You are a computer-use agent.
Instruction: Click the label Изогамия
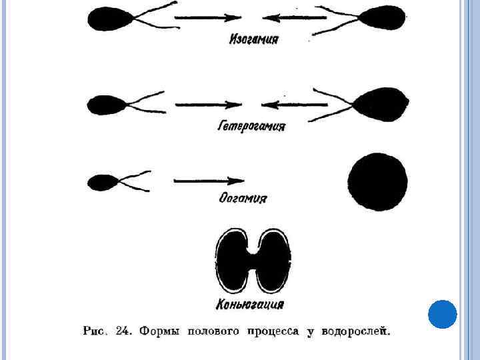pyautogui.click(x=254, y=39)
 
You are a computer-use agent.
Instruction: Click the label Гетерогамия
pyautogui.click(x=251, y=126)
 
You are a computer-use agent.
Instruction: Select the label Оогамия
pyautogui.click(x=243, y=199)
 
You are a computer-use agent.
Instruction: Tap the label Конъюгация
pyautogui.click(x=250, y=305)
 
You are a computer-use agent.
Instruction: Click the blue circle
pyautogui.click(x=442, y=314)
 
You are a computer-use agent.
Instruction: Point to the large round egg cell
pyautogui.click(x=378, y=181)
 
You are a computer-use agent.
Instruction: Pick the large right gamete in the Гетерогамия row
pyautogui.click(x=379, y=103)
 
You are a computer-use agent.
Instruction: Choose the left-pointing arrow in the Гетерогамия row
pyautogui.click(x=293, y=105)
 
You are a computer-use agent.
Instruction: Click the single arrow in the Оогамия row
pyautogui.click(x=209, y=181)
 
